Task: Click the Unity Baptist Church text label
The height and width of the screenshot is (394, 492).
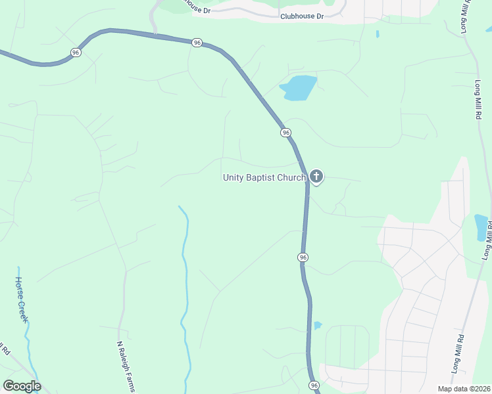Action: (264, 177)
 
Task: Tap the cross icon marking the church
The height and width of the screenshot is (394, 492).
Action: (316, 176)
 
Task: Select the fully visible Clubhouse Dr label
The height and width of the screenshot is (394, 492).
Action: (302, 16)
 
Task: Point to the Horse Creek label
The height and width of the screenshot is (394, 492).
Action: (22, 298)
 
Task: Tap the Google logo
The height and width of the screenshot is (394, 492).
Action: (22, 386)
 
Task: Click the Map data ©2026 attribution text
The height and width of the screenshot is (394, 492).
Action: (464, 389)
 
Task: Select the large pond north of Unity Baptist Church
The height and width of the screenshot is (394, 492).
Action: (299, 87)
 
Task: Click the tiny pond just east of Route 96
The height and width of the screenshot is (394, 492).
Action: (318, 325)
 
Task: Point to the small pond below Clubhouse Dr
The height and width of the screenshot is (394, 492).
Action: (377, 33)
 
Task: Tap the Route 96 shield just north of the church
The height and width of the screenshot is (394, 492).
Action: (285, 133)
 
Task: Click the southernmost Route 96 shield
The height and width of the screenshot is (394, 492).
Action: (313, 385)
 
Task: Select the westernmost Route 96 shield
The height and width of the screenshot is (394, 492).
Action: (76, 53)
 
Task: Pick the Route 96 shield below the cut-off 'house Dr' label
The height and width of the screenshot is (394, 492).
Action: (197, 43)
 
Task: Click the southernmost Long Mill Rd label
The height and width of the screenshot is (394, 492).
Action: (458, 355)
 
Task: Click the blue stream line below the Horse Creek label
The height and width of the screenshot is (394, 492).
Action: (28, 335)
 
